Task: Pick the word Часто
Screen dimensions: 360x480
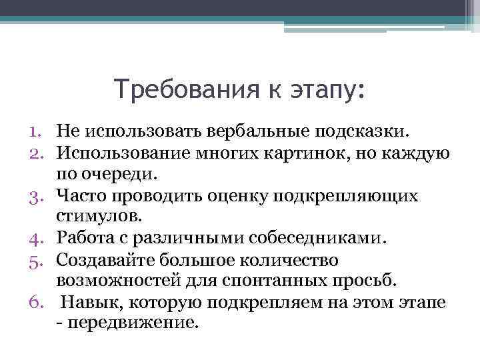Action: point(79,196)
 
